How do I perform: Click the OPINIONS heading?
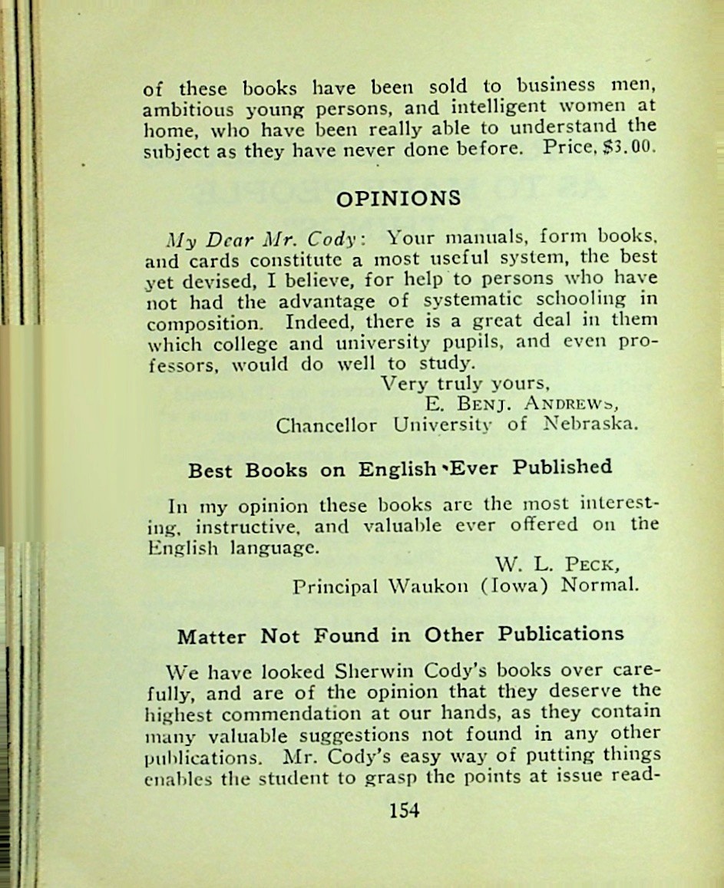tap(399, 199)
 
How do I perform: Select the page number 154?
tap(404, 810)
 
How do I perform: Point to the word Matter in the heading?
tap(212, 636)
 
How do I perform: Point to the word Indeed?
tap(315, 321)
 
